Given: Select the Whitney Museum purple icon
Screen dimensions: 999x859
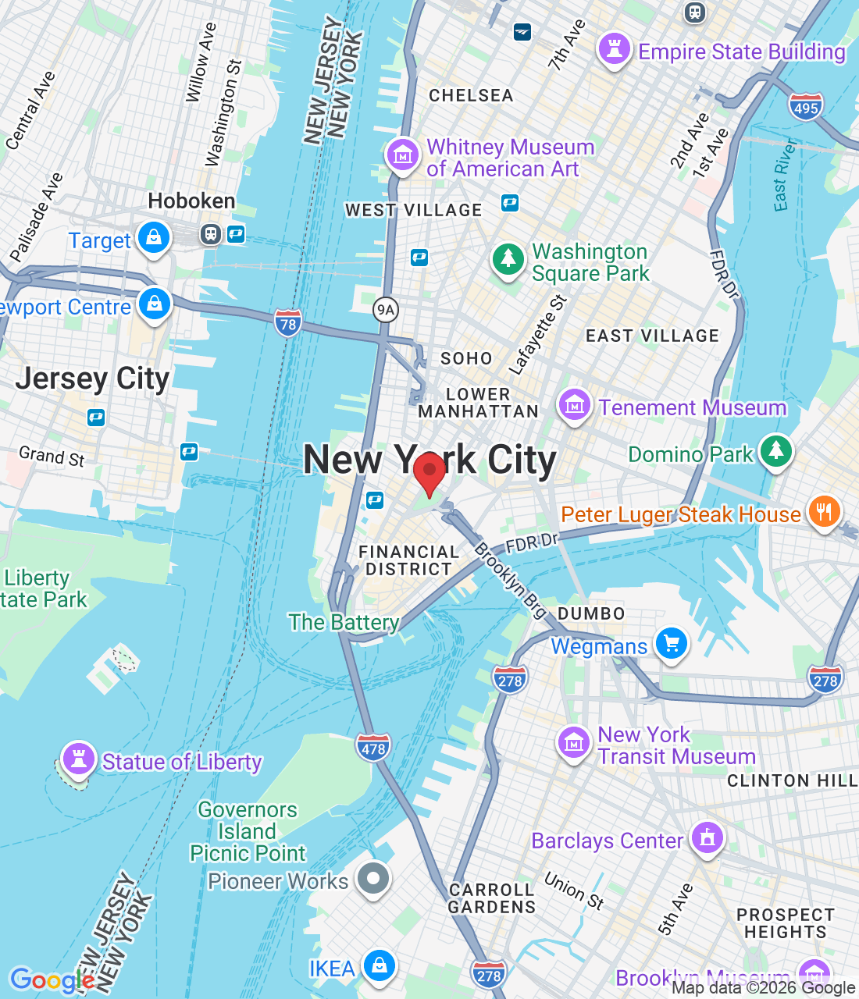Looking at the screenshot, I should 403,155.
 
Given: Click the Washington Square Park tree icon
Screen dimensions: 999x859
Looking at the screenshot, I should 508,259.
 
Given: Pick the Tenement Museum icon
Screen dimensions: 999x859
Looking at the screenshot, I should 575,405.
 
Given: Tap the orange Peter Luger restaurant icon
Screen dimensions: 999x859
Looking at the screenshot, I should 824,512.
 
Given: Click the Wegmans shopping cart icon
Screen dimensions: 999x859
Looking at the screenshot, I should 671,644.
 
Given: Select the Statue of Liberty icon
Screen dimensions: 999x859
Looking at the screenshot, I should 78,758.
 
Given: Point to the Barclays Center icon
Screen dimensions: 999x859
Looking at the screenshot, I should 708,838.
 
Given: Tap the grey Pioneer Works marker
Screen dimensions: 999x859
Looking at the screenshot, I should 373,879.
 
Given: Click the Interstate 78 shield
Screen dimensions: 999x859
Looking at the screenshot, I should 287,324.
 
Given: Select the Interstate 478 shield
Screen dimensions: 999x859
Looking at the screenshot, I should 373,748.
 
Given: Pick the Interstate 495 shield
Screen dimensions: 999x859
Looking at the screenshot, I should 805,108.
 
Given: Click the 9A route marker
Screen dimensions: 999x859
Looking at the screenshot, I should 386,310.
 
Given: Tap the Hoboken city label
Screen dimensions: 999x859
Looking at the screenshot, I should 191,201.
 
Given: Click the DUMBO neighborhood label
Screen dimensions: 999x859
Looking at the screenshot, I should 591,613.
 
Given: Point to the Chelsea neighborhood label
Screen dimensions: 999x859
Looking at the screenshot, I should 471,96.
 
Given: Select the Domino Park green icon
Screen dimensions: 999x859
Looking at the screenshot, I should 775,451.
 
